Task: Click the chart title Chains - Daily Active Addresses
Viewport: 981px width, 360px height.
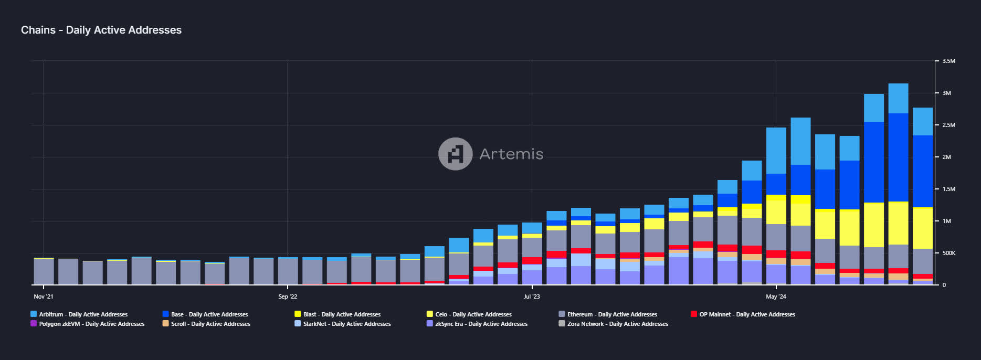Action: point(101,30)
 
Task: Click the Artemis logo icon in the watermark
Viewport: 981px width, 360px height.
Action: point(455,154)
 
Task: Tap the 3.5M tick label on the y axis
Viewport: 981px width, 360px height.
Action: point(948,61)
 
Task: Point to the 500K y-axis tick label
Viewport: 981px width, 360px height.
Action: point(948,253)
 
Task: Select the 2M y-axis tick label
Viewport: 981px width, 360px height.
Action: point(946,157)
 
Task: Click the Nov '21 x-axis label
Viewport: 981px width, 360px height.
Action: point(44,297)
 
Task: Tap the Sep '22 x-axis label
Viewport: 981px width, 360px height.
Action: point(288,297)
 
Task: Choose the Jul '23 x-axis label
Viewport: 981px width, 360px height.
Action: point(532,297)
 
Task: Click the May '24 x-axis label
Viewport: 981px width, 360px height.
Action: point(776,297)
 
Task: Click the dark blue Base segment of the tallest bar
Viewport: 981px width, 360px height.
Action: point(898,157)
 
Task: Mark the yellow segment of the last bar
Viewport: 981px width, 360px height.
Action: point(922,228)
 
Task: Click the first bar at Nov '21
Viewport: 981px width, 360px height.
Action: point(44,271)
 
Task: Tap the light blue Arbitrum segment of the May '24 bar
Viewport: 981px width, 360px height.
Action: point(776,151)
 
